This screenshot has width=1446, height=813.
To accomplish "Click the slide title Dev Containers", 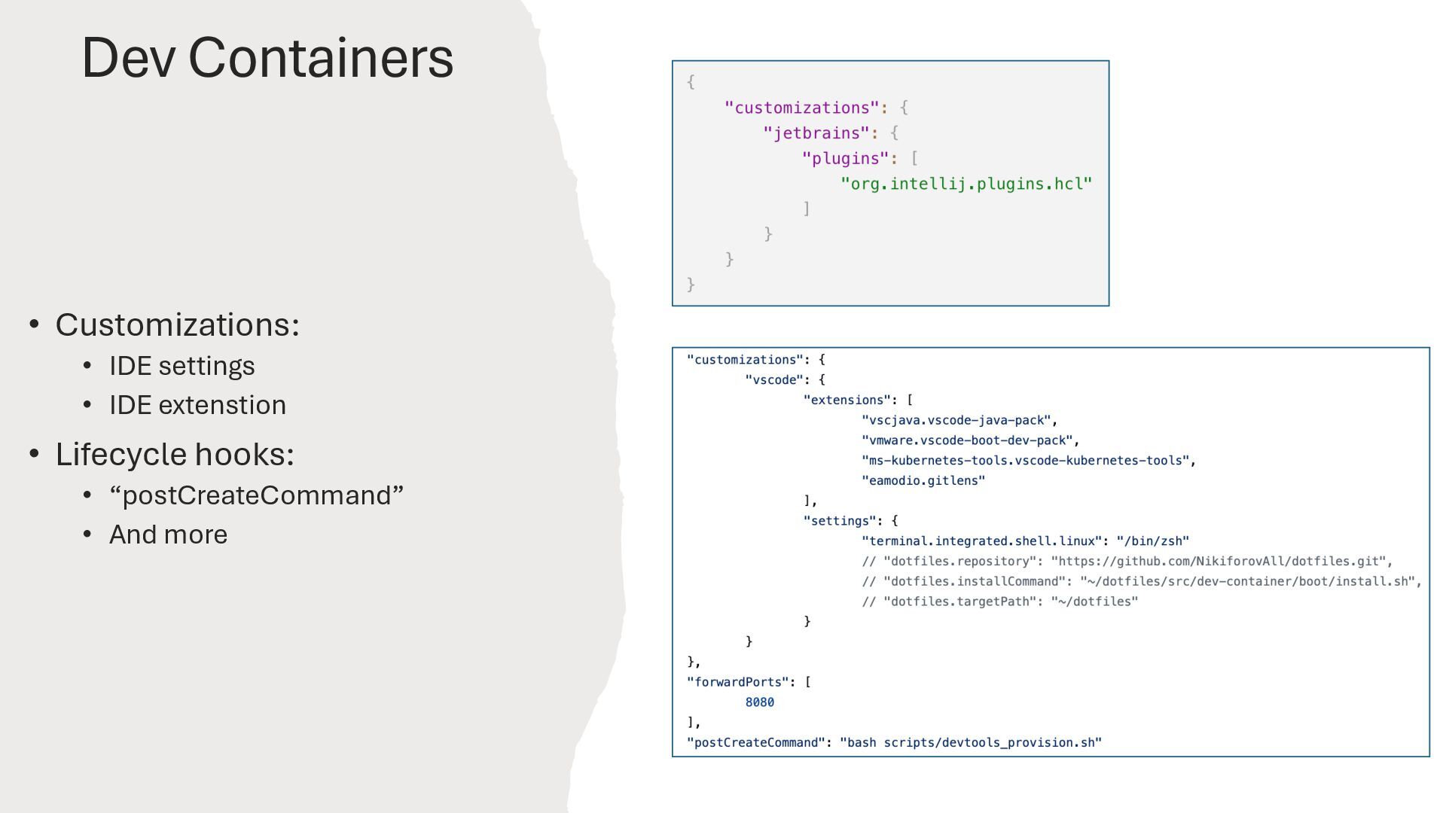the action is (267, 57).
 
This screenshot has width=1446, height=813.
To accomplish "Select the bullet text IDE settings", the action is (182, 366).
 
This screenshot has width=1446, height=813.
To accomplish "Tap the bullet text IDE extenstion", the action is (197, 405).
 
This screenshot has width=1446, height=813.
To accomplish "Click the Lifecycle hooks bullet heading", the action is (174, 454).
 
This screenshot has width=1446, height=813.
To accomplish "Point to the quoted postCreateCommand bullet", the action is (256, 495).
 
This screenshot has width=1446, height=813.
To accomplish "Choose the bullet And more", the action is (168, 534).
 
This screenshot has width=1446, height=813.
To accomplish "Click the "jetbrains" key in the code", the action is (816, 133).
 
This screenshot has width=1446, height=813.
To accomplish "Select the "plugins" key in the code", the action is (845, 159).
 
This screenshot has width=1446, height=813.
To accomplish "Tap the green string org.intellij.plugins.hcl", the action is (966, 184).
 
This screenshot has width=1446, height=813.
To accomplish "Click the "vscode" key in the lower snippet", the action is (774, 380).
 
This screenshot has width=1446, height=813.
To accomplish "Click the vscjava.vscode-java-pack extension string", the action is (956, 420).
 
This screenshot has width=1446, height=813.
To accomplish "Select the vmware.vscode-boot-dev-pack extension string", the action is (967, 440).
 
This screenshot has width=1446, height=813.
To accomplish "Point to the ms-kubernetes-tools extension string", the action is (1025, 461).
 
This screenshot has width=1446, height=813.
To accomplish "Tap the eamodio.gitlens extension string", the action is (923, 481).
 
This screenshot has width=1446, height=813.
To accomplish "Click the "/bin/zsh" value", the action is (1152, 541).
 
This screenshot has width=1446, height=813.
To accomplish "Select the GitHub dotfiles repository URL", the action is (1222, 562).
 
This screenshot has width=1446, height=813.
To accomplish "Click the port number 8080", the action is (759, 702).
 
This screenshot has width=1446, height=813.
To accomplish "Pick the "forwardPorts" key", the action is (737, 682).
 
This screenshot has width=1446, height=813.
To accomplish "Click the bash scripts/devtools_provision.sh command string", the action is (970, 743).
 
